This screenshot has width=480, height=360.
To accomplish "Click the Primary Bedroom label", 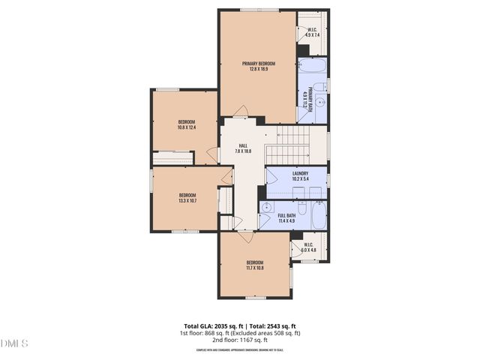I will click(258, 67).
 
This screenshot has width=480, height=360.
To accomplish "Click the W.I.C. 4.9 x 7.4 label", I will click(312, 32).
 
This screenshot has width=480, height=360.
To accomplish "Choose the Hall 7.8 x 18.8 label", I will click(243, 148).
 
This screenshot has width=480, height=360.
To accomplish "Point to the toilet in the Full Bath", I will click(301, 206).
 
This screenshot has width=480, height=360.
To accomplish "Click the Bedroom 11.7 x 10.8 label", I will click(255, 265).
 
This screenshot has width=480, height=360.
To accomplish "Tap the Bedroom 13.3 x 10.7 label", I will click(187, 198).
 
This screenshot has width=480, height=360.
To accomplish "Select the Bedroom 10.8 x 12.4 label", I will click(186, 124).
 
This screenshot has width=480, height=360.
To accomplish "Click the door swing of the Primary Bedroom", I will click(241, 112).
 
